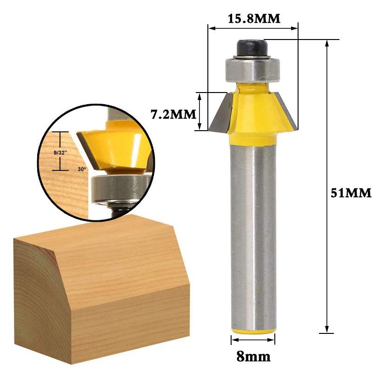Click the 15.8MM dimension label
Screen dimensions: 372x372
click(254, 19)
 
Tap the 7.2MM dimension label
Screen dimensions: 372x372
click(173, 114)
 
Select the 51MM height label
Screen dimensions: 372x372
click(351, 193)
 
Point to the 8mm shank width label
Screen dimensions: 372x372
click(253, 356)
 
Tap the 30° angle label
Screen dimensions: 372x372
click(82, 169)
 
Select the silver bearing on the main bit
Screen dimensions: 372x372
click(252, 71)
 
